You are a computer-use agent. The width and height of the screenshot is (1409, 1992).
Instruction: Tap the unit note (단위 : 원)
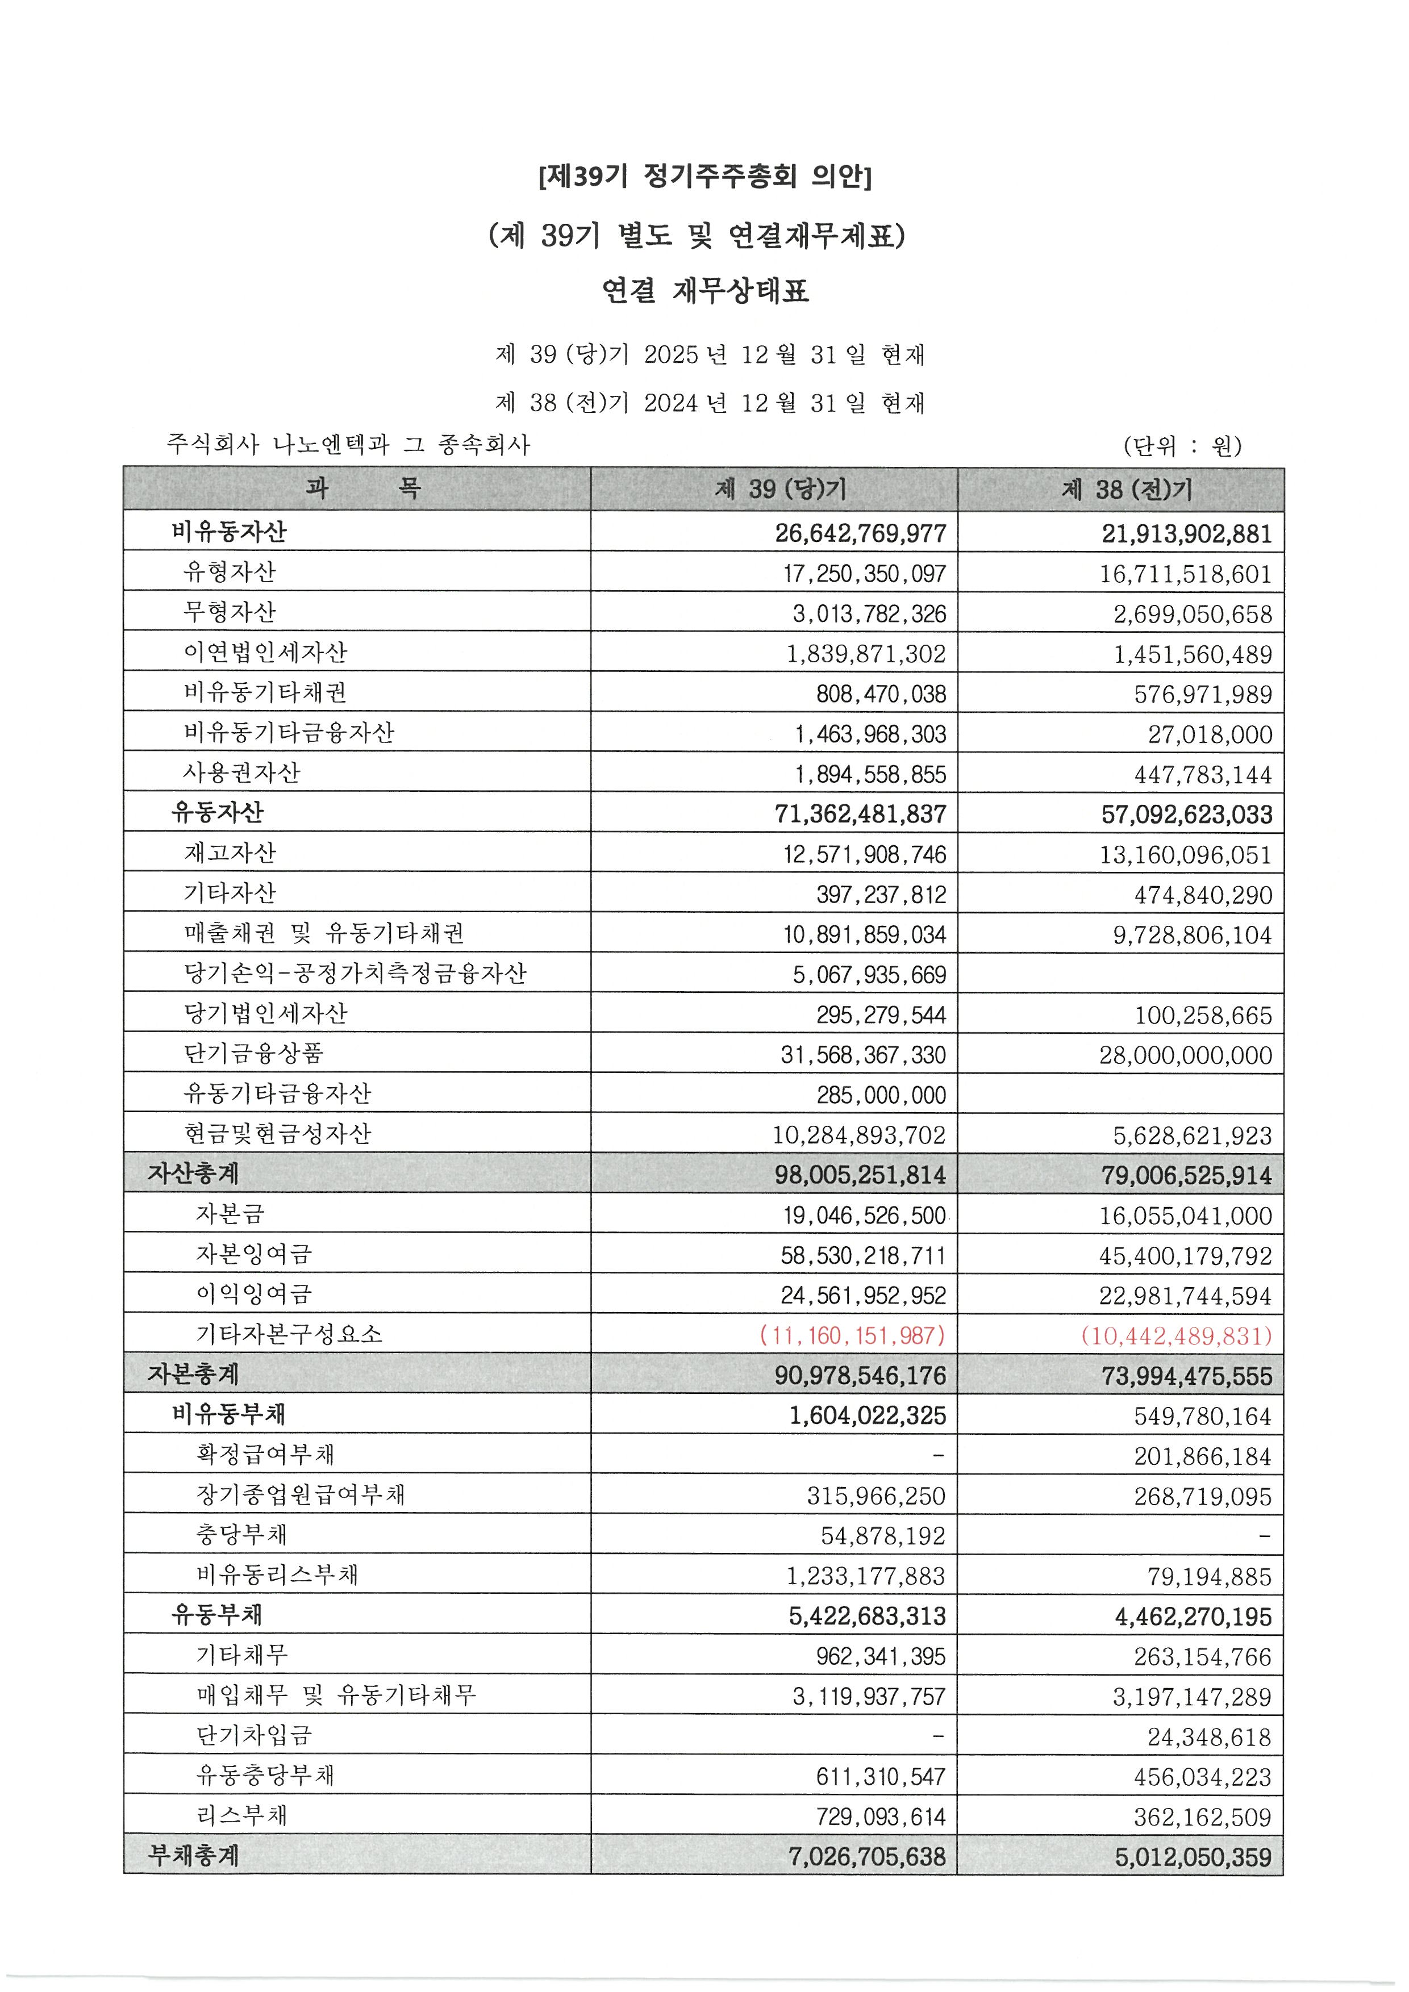point(1182,446)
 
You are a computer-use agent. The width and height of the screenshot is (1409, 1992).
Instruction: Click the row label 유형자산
point(229,572)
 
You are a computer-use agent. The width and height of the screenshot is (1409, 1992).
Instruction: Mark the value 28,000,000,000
point(1185,1055)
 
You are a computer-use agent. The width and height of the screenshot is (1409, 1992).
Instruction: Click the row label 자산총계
point(193,1174)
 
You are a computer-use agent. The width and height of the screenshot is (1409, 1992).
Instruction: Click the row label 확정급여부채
point(265,1454)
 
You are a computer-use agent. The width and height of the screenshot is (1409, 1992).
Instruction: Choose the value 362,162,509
point(1202,1816)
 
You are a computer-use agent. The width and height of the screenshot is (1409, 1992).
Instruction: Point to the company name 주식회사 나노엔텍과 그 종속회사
point(348,445)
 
